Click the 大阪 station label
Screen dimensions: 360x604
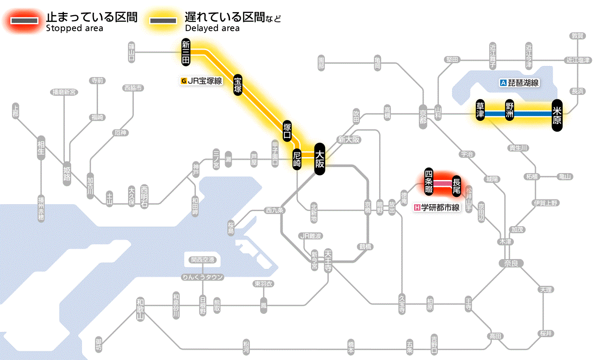(319, 158)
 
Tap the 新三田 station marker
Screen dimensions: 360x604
(186, 52)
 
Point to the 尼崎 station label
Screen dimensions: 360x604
(297, 159)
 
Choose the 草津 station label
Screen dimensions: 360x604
(480, 111)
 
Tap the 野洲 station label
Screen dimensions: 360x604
(510, 111)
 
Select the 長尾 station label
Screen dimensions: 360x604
(456, 185)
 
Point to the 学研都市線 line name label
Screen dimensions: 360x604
(437, 208)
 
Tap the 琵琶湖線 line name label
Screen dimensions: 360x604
(519, 83)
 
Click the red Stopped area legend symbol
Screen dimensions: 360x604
(26, 20)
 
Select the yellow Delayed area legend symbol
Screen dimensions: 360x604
(163, 20)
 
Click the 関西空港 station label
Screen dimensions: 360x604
(203, 260)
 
